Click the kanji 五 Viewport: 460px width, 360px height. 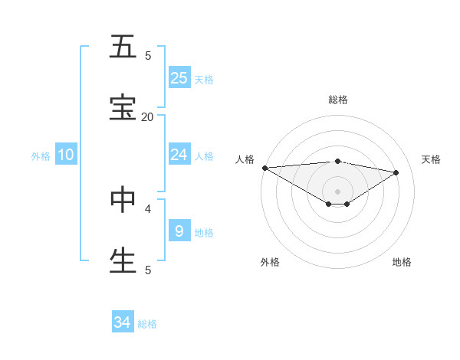[123, 47]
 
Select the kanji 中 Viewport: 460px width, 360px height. [123, 199]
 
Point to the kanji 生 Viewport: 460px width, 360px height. [123, 260]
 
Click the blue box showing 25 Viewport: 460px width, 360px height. [179, 77]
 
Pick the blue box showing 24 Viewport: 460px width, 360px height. [179, 155]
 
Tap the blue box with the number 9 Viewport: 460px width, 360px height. [179, 231]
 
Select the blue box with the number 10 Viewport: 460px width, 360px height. [66, 155]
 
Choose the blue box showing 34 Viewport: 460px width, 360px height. [123, 322]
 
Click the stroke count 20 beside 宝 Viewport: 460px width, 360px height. [147, 116]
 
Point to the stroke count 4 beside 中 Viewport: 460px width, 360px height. [148, 208]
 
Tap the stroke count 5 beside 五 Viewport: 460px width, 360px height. [148, 55]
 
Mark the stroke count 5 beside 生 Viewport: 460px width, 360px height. [148, 270]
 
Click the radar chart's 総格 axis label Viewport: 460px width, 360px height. [338, 100]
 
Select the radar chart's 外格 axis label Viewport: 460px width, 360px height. [270, 262]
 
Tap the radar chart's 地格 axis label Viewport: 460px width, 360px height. [402, 262]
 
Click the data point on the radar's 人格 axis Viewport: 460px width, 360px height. [264, 168]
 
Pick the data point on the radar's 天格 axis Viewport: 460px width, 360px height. [396, 172]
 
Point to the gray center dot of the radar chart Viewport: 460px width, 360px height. [337, 191]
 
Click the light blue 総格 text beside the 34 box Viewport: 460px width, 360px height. [147, 324]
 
